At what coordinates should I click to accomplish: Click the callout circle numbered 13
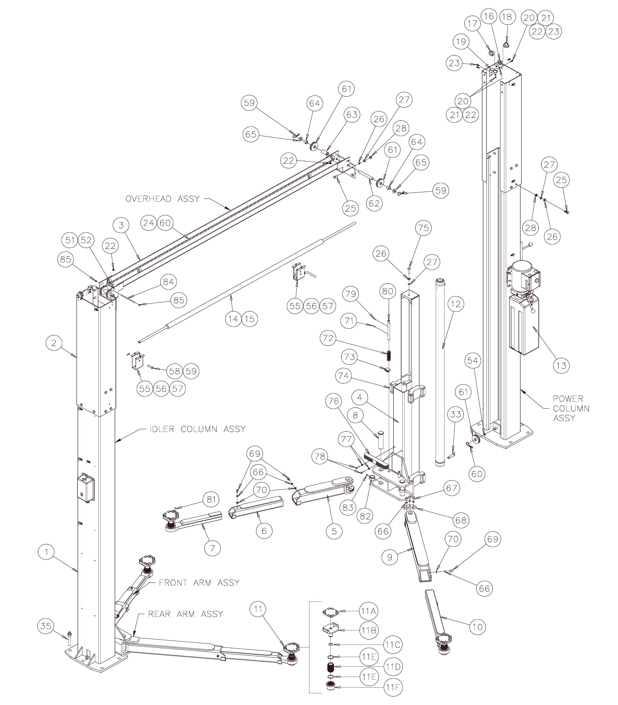pyautogui.click(x=561, y=365)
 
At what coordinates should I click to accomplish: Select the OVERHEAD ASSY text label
pyautogui.click(x=162, y=199)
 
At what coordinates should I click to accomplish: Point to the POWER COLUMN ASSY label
pyautogui.click(x=571, y=408)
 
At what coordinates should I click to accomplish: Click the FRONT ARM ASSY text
pyautogui.click(x=199, y=583)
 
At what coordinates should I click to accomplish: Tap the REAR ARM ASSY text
pyautogui.click(x=185, y=614)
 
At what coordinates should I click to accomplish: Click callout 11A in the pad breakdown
pyautogui.click(x=368, y=611)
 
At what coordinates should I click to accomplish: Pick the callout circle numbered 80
pyautogui.click(x=388, y=291)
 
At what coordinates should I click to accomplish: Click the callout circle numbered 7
pyautogui.click(x=212, y=548)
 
